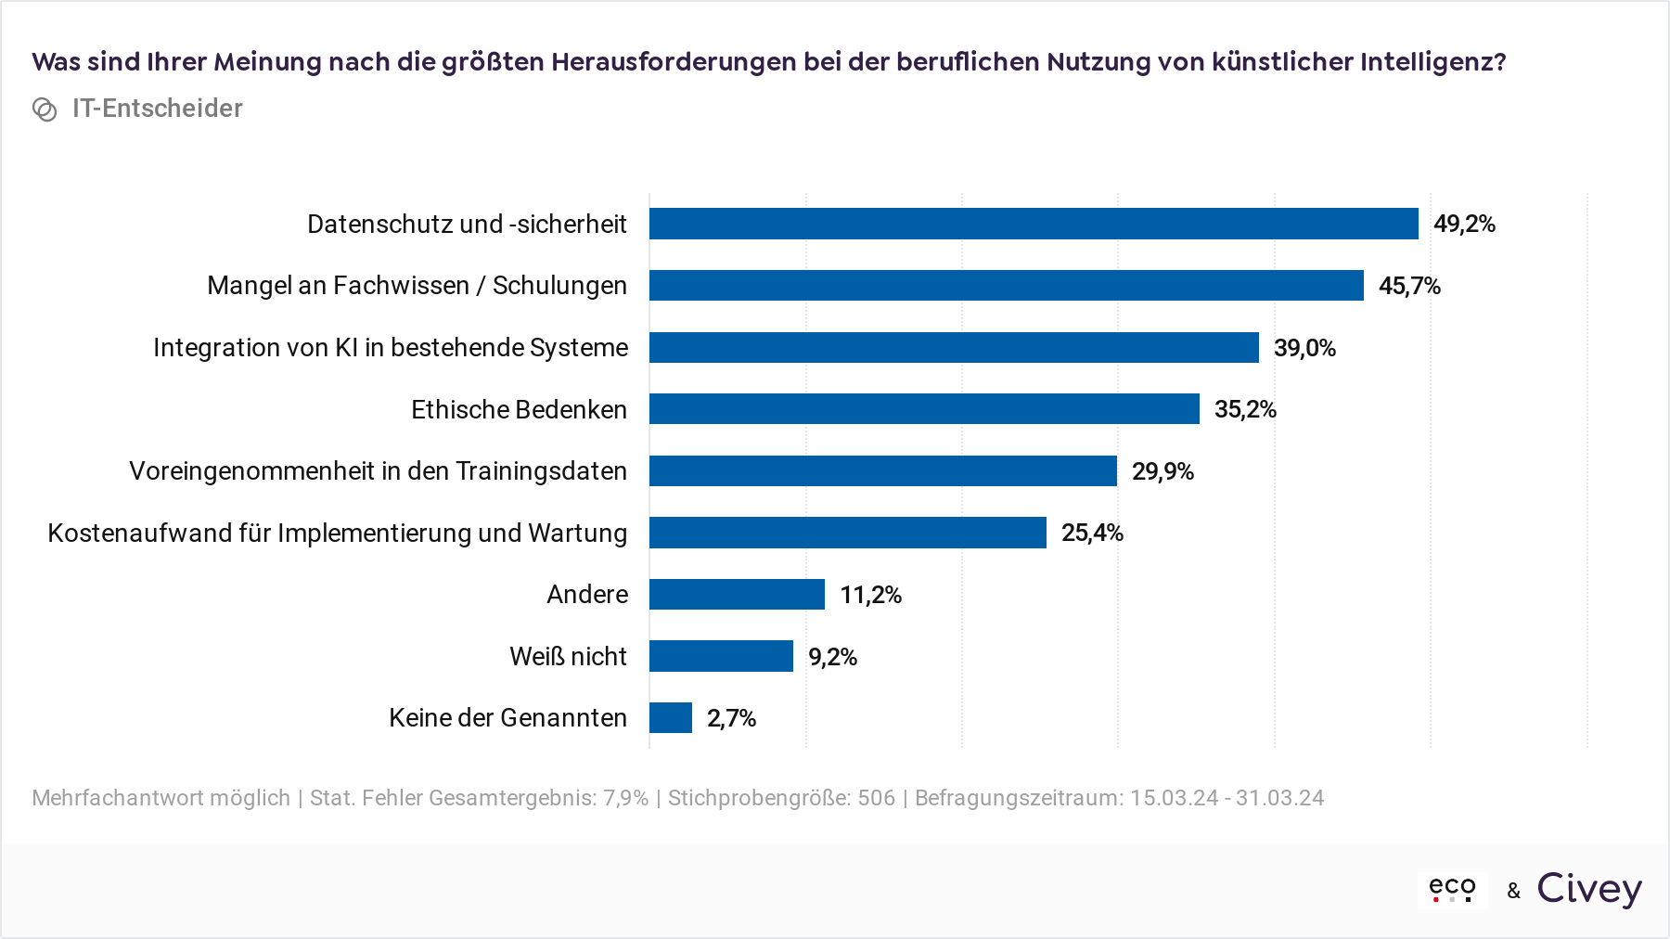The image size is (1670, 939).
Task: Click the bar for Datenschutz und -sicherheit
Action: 1034,224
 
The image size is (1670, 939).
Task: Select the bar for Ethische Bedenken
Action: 924,409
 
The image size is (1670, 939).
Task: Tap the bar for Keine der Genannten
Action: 671,718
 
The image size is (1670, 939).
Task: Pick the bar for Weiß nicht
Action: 721,656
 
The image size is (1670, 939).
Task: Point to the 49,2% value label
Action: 1464,224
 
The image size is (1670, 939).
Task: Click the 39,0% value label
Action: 1304,348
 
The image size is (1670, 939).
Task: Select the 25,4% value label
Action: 1092,533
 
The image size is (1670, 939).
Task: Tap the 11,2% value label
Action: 870,595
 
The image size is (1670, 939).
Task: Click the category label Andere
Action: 587,595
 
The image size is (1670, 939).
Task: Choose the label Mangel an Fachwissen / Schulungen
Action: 417,286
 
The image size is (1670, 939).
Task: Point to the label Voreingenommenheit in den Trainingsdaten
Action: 378,471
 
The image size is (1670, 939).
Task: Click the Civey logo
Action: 1589,889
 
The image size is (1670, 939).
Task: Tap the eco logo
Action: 1452,889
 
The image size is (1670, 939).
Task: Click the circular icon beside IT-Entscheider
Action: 45,109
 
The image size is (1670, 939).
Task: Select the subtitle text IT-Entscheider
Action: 158,109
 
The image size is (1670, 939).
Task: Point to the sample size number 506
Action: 876,798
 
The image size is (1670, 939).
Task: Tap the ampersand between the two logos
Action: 1514,891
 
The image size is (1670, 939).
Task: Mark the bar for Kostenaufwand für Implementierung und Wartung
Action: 848,533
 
